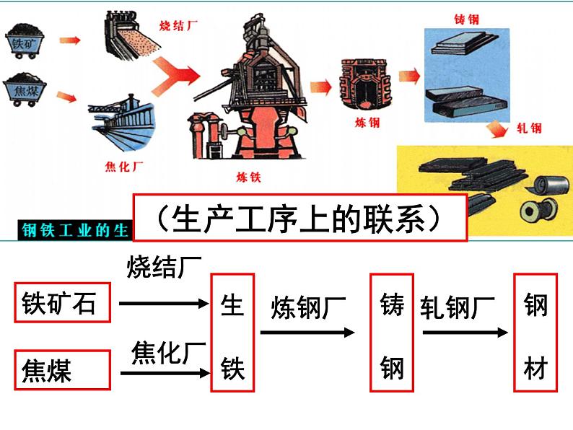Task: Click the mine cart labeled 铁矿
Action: coord(27,40)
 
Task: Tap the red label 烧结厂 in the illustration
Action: coord(178,25)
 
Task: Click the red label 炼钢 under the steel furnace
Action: coord(367,123)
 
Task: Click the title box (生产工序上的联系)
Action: coord(301,216)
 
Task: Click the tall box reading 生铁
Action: coord(232,333)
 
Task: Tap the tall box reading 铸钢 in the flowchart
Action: coord(391,333)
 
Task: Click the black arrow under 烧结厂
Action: coord(163,304)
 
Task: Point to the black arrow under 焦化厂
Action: coord(163,373)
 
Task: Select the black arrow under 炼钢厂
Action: coord(307,333)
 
